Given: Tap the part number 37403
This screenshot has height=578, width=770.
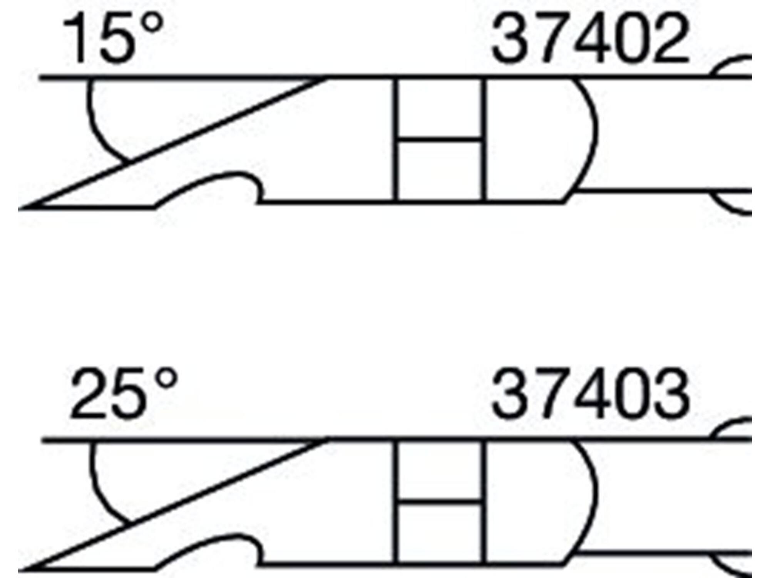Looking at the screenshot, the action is pyautogui.click(x=590, y=393).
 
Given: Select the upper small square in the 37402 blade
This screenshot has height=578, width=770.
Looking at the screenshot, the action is pyautogui.click(x=439, y=108).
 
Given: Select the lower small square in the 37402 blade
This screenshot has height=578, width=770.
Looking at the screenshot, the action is pyautogui.click(x=439, y=170).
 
